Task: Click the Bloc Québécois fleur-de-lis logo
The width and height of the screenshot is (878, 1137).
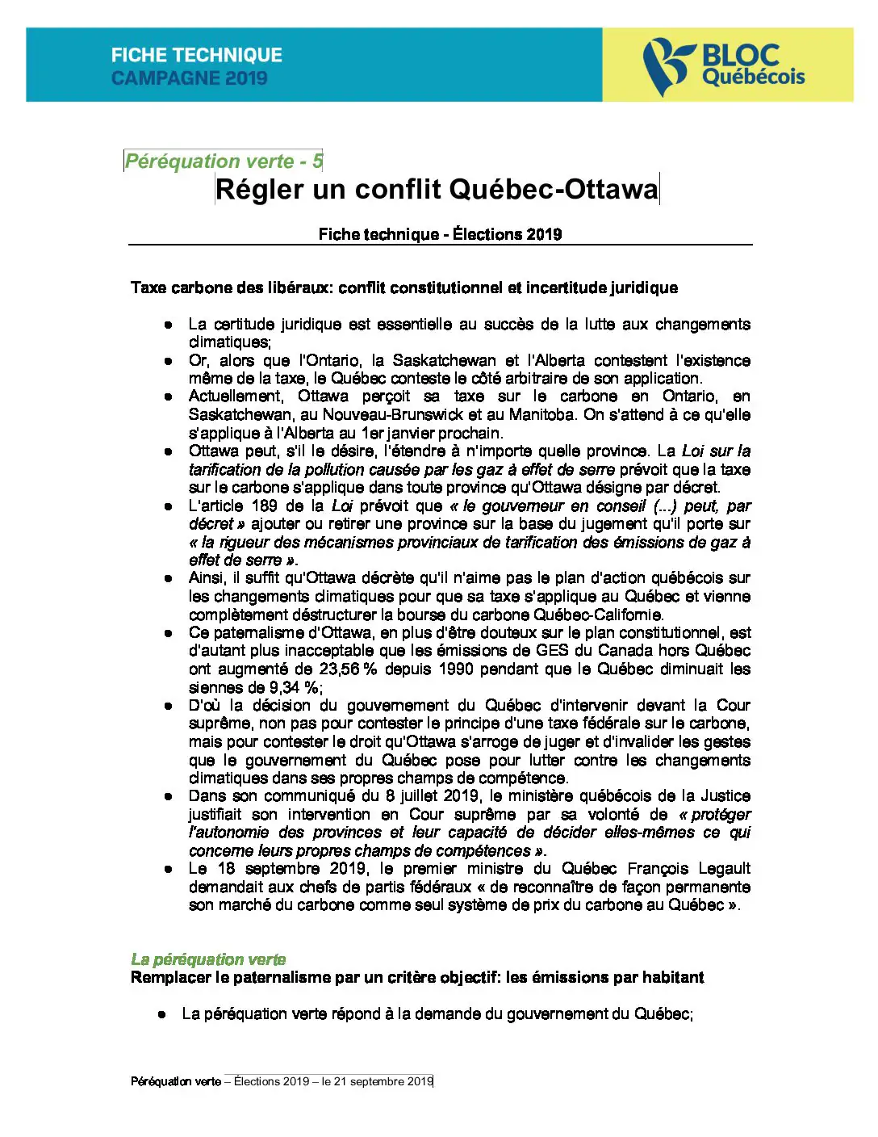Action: click(667, 65)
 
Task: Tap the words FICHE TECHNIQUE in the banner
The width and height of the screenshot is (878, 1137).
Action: click(197, 55)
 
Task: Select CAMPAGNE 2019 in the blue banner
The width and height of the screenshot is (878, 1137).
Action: click(189, 78)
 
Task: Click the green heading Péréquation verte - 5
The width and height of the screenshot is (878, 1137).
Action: click(224, 162)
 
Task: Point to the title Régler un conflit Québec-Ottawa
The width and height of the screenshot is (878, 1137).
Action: click(437, 190)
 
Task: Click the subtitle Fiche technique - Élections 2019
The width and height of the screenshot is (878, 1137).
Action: click(440, 234)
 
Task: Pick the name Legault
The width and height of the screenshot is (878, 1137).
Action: click(724, 869)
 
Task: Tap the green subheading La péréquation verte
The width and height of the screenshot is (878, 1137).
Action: click(208, 959)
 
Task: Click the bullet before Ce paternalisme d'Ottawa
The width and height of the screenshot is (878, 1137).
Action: click(168, 633)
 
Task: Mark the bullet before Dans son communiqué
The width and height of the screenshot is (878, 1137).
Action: click(168, 796)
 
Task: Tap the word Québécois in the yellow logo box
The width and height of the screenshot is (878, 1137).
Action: click(754, 78)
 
